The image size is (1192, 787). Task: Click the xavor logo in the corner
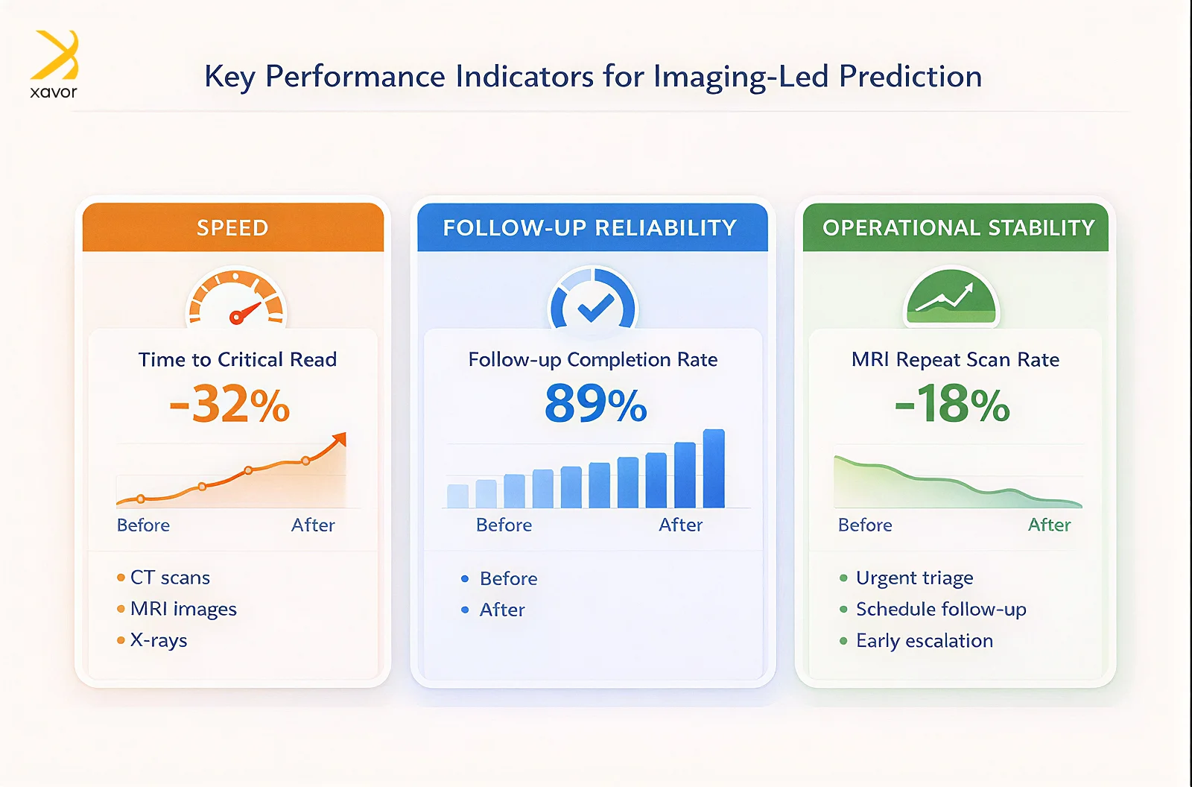54,64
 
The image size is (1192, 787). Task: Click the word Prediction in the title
910,77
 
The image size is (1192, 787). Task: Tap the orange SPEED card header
232,227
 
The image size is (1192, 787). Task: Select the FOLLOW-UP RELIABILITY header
590,227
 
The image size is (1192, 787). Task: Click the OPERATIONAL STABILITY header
958,227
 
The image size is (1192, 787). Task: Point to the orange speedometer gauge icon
236,300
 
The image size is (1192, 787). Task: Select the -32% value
229,405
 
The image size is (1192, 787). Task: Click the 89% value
595,405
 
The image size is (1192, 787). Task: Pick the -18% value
952,405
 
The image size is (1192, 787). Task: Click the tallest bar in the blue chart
714,469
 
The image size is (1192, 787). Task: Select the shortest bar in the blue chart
457,496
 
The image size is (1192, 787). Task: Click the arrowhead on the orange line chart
340,439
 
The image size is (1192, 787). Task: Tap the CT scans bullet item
170,578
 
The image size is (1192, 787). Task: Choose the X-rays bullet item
159,640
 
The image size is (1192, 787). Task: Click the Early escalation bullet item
924,641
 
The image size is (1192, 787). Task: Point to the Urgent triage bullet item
914,578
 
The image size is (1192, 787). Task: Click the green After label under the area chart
1049,525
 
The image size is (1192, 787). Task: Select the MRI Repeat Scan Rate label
955,360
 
